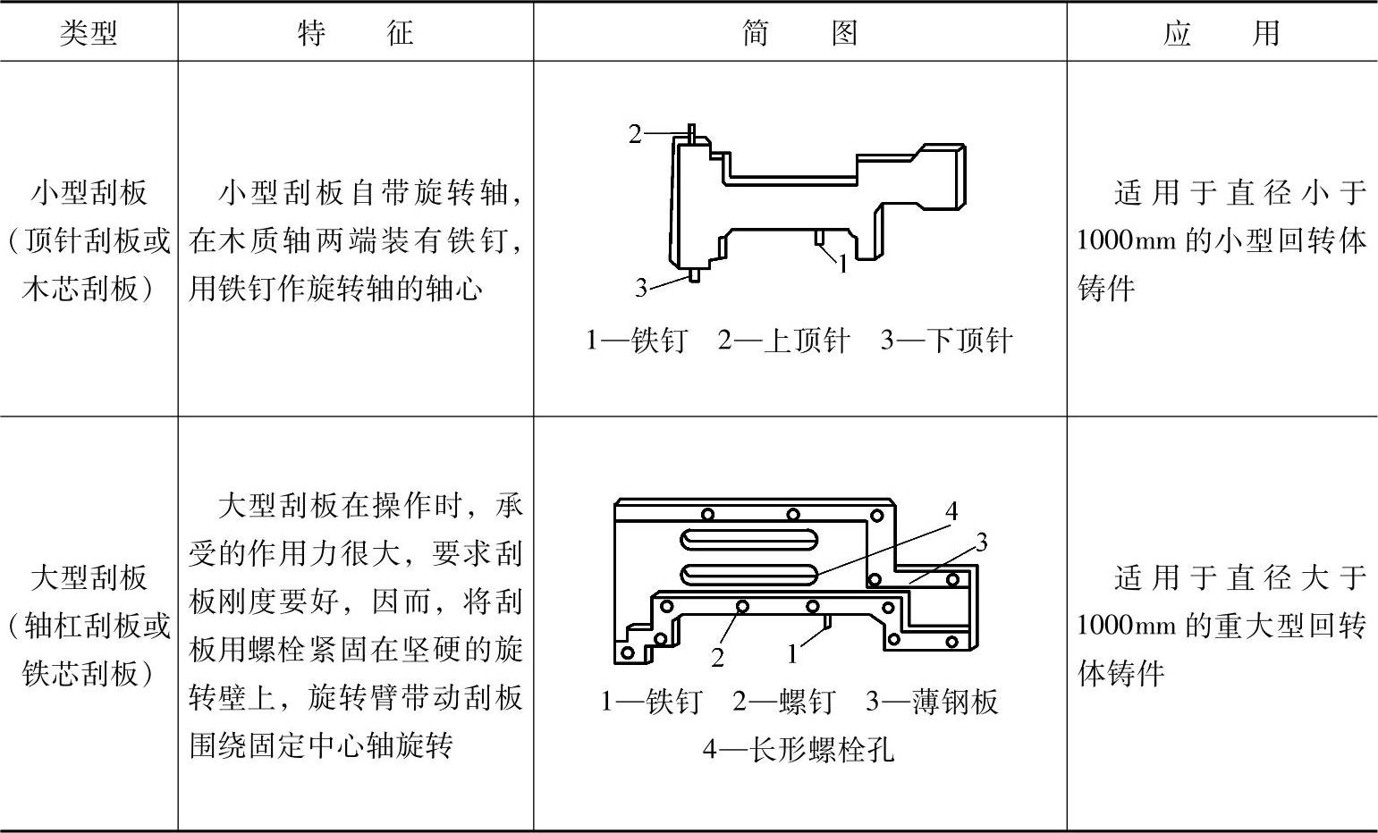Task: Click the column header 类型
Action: [89, 34]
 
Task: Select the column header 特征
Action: [355, 34]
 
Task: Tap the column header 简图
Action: [799, 34]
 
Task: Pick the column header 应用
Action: [1222, 34]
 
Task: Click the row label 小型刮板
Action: [89, 193]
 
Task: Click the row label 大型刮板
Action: [89, 577]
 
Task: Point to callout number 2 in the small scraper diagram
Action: [635, 134]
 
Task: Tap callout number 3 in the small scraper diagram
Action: [641, 288]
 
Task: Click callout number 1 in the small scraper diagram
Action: [841, 263]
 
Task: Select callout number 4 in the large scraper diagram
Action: [951, 510]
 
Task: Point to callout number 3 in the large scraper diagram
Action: [981, 542]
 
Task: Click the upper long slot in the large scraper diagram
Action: [748, 539]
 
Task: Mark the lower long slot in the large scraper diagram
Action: [748, 573]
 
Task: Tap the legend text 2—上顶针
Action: [783, 341]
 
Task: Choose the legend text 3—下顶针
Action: [946, 341]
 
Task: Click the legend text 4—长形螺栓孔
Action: [798, 748]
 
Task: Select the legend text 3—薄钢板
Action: [931, 702]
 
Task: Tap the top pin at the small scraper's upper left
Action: [691, 131]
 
